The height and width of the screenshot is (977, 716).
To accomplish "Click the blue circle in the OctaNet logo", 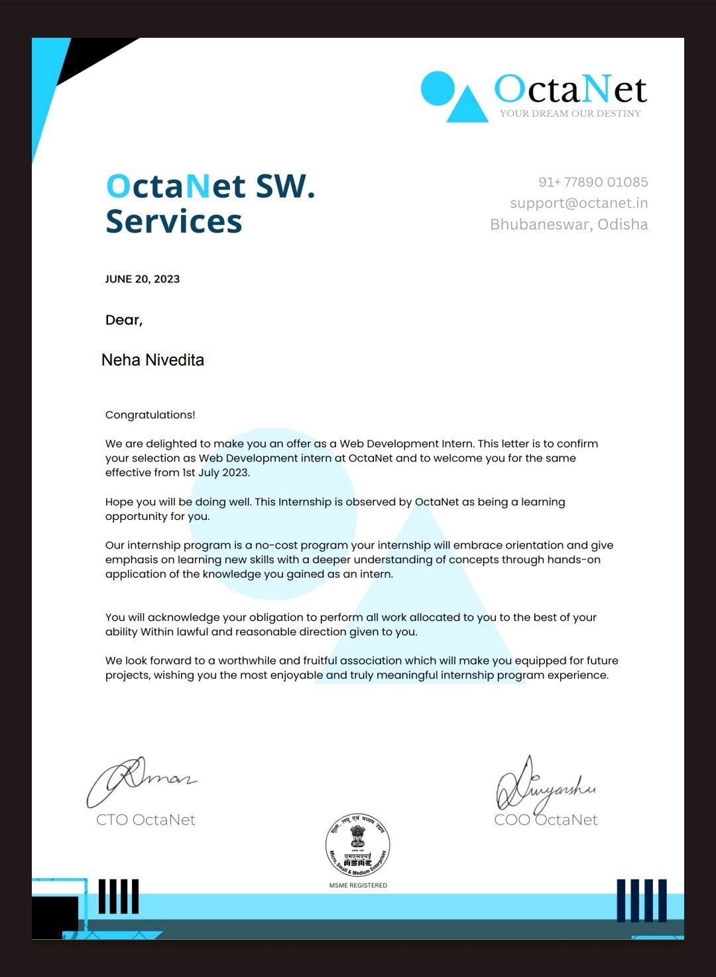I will pos(438,89).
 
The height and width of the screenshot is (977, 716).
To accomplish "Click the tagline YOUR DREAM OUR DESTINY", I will pos(570,113).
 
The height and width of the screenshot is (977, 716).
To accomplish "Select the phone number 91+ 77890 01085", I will pos(593,182).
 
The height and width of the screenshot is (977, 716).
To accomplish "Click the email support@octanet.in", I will pos(579,203).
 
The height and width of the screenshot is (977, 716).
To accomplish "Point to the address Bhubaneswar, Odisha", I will pos(569,224).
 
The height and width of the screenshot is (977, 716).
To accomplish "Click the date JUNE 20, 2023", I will pos(143,279).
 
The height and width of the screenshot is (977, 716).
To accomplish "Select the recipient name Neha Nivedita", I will pos(152,360).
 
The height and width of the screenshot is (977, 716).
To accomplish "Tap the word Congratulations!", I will pos(150,415).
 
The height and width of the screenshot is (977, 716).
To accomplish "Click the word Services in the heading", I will pos(174,222).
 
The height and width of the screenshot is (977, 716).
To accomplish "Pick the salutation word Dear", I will pos(123,320).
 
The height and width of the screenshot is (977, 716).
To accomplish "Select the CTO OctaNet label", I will pos(146,820).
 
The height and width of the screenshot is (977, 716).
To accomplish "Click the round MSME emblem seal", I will pos(358,846).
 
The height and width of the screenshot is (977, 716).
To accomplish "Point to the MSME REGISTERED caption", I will pos(358,885).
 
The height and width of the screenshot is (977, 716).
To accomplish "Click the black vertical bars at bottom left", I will pos(119,897).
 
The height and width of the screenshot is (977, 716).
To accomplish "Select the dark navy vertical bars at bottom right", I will pos(641,900).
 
